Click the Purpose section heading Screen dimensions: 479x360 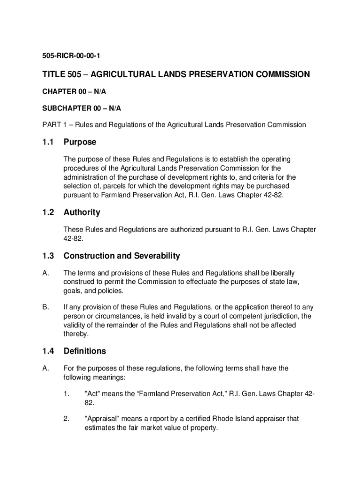pyautogui.click(x=80, y=142)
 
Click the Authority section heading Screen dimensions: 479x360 pyautogui.click(x=82, y=212)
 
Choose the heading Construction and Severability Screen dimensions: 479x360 pyautogui.click(x=122, y=256)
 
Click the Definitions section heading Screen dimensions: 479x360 pyautogui.click(x=85, y=351)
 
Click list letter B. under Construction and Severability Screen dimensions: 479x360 pyautogui.click(x=45, y=307)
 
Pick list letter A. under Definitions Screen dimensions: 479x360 pyautogui.click(x=45, y=369)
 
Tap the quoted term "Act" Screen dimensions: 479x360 pyautogui.click(x=92, y=393)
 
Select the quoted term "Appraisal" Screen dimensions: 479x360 pyautogui.click(x=102, y=419)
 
